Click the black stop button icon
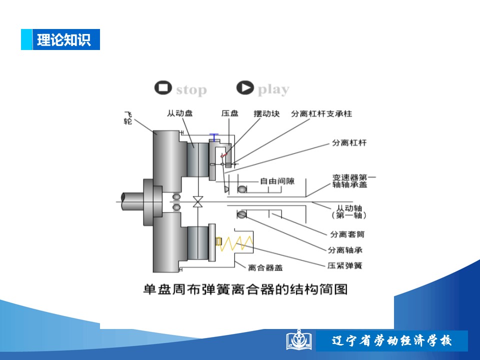tap(163, 88)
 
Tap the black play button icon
tap(245, 88)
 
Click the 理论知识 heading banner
tap(60, 39)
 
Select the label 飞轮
tap(128, 118)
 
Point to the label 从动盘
tap(179, 113)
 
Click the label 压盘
tap(229, 113)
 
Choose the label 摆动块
tap(266, 113)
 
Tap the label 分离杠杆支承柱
tap(321, 113)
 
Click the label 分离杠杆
tap(349, 142)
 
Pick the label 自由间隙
tap(277, 181)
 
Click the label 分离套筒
tap(347, 234)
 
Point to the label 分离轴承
tap(345, 250)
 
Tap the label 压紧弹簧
tap(344, 265)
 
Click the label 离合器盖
tap(265, 268)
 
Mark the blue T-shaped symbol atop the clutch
tap(214, 137)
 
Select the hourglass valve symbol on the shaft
tap(198, 201)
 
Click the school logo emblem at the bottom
tap(299, 340)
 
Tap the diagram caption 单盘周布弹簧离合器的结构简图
tap(245, 289)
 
